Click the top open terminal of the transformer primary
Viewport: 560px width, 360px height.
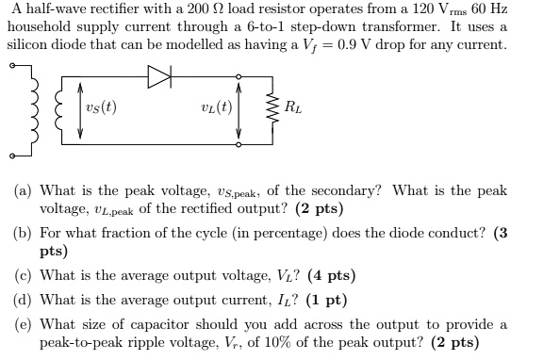(x=12, y=66)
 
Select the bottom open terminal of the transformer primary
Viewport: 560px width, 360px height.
(x=12, y=155)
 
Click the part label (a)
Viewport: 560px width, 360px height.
(x=23, y=190)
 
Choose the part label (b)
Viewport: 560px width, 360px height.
(x=23, y=233)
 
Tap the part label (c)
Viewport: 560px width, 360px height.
(x=23, y=276)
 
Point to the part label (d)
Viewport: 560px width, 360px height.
(x=23, y=301)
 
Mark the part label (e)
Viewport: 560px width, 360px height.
(x=23, y=324)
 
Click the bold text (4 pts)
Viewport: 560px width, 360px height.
(x=329, y=276)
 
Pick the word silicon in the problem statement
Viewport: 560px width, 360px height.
(x=27, y=44)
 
